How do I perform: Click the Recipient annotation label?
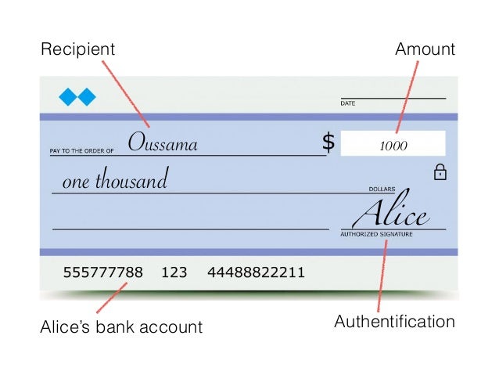(77, 49)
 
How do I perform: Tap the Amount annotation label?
(425, 49)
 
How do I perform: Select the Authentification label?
(394, 322)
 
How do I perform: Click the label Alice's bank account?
(121, 326)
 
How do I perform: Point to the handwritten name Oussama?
(163, 143)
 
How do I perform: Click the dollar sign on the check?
(328, 142)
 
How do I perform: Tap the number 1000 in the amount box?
(393, 146)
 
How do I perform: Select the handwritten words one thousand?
(115, 182)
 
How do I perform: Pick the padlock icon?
(440, 171)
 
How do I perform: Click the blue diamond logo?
(77, 97)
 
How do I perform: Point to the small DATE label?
(348, 103)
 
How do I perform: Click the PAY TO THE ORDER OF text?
(82, 150)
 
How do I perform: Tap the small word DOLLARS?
(382, 189)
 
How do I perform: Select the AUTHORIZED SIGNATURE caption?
(376, 234)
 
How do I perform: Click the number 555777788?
(102, 273)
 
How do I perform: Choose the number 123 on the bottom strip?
(174, 273)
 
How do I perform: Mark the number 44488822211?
(256, 273)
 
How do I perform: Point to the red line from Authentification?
(382, 274)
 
